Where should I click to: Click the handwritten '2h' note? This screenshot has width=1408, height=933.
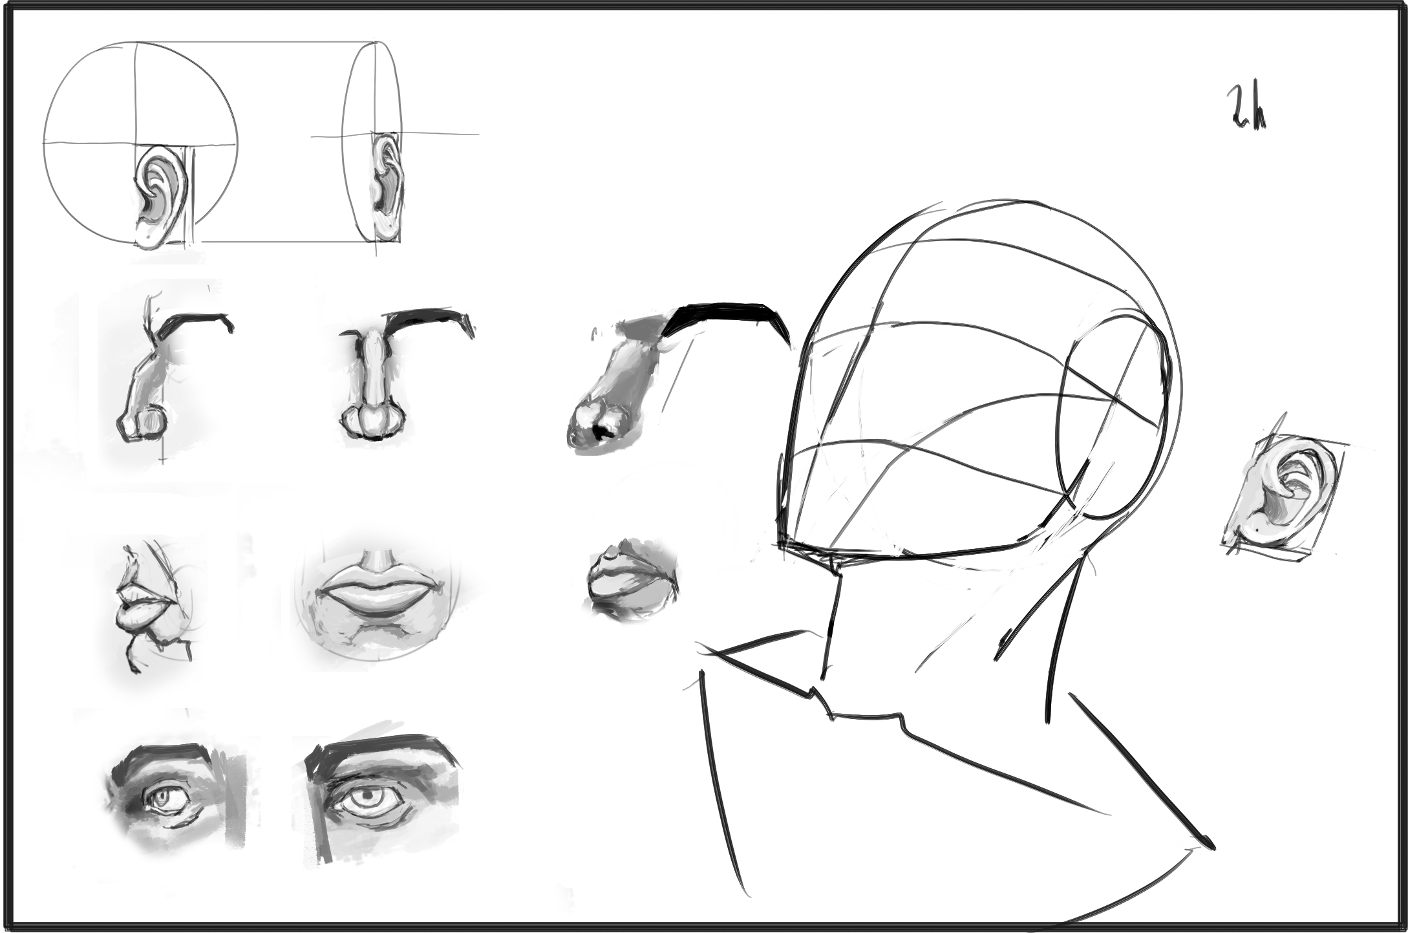(1246, 109)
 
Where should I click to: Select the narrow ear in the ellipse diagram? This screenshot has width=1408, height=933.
(386, 188)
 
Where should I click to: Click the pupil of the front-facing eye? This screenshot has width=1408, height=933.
(367, 793)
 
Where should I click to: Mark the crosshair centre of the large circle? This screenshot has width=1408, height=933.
(135, 143)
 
